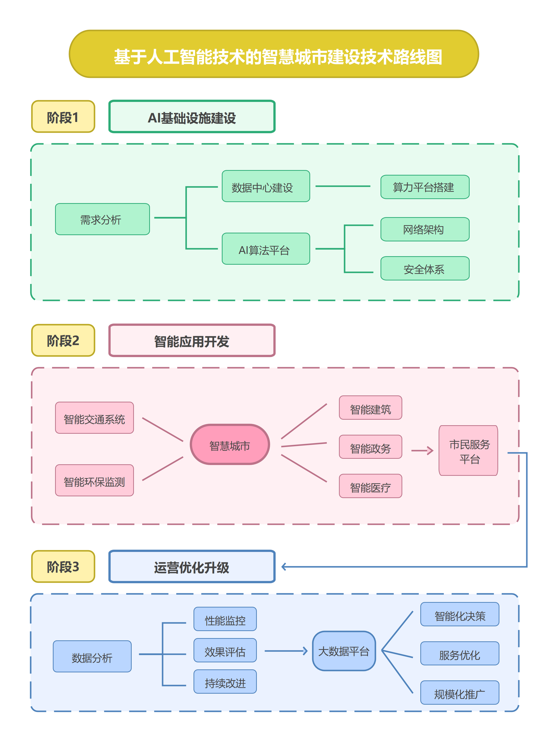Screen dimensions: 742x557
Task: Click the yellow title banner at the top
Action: click(273, 54)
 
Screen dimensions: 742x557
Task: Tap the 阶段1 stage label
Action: click(63, 117)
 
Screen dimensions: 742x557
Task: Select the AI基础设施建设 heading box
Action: click(192, 117)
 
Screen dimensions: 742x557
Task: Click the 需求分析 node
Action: click(102, 219)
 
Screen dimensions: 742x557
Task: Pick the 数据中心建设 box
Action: click(266, 186)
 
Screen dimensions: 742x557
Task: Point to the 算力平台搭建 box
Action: click(425, 187)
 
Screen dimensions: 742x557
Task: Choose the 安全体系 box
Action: click(425, 268)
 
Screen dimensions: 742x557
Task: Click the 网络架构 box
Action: click(425, 229)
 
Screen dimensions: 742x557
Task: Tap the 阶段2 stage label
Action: click(63, 340)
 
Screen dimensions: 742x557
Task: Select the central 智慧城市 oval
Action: click(230, 444)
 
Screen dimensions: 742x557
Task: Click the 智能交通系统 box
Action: click(94, 418)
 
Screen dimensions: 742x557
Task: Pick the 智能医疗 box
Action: click(370, 486)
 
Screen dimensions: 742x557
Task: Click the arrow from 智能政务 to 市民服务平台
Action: click(422, 451)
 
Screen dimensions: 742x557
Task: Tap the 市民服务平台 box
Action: click(468, 451)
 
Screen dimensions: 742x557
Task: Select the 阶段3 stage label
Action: click(63, 566)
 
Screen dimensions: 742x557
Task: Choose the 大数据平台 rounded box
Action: click(344, 651)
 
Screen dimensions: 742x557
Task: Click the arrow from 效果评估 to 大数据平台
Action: click(286, 651)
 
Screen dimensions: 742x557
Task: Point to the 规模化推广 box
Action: click(459, 692)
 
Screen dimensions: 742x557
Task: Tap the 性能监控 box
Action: click(225, 619)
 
